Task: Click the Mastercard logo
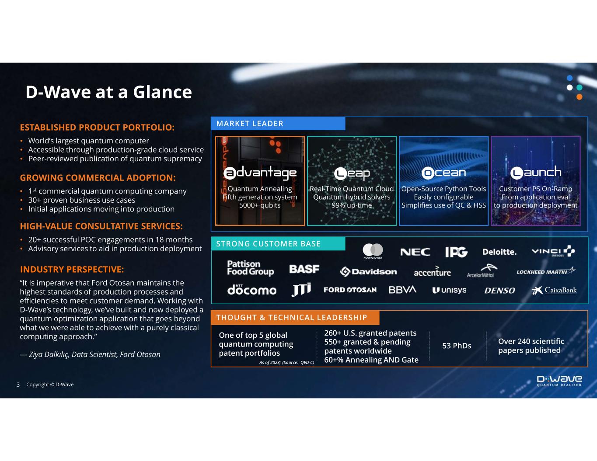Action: (373, 251)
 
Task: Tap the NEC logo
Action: (415, 252)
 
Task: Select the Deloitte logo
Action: (499, 252)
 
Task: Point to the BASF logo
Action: (304, 269)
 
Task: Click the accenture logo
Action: (432, 272)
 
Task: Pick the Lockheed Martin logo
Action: (545, 271)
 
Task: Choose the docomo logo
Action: (251, 290)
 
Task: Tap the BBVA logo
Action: (402, 290)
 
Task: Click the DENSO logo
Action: (499, 291)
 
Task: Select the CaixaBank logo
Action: (554, 290)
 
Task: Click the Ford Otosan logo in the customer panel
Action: (350, 290)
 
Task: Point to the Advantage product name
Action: (260, 173)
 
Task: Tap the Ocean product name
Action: (443, 173)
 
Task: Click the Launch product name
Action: (536, 172)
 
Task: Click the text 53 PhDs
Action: (457, 346)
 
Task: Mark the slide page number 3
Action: (18, 385)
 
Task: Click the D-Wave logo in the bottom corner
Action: (559, 380)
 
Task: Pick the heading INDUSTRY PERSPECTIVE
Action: (72, 270)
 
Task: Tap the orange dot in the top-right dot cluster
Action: (579, 97)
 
